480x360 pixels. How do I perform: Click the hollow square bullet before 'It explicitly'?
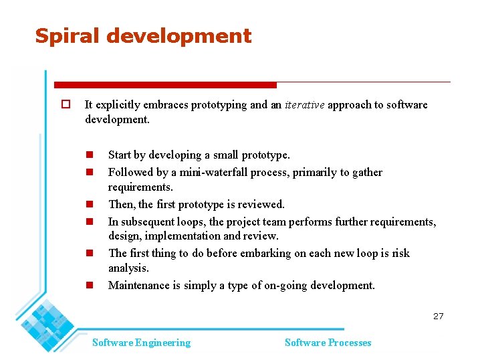66,104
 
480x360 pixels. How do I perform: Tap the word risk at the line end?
399,254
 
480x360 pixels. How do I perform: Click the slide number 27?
438,316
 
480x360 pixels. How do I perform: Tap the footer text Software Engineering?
141,343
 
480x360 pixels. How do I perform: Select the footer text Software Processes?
328,343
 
